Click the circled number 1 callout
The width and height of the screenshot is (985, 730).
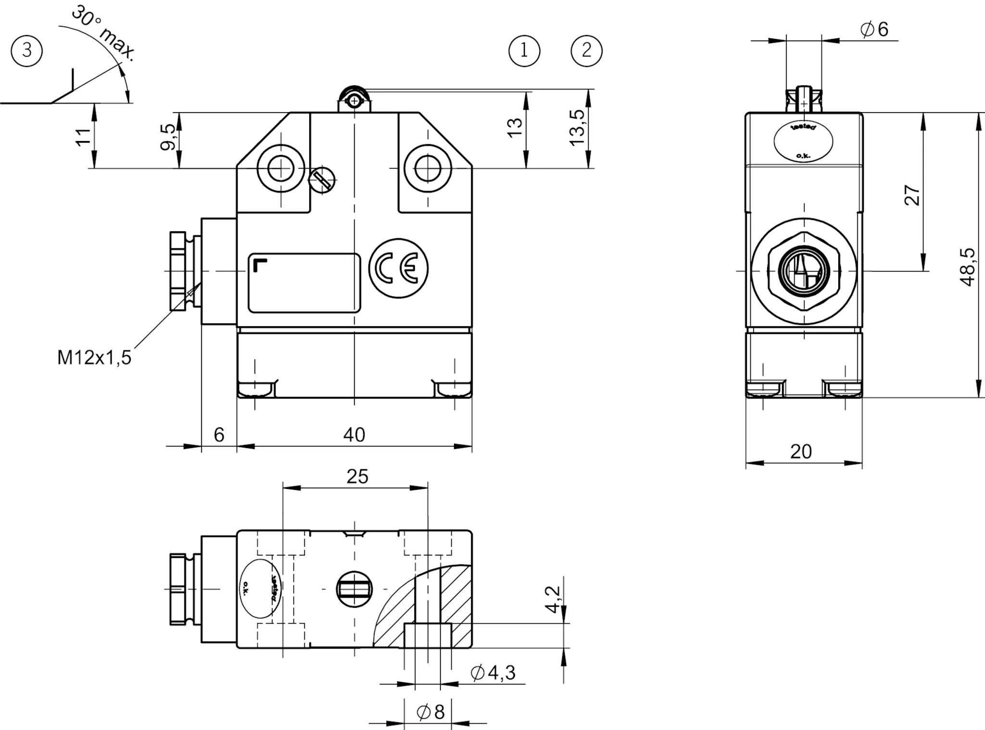click(x=524, y=51)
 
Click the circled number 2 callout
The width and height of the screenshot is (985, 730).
click(x=587, y=51)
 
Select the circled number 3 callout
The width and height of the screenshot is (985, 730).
click(x=27, y=51)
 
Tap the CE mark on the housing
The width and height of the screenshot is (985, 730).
click(x=399, y=269)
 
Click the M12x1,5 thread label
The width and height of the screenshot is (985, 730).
click(x=94, y=358)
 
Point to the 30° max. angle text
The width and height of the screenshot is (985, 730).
click(x=103, y=34)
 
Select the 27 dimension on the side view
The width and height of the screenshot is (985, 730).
click(x=912, y=195)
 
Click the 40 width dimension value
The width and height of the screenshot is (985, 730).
click(x=354, y=435)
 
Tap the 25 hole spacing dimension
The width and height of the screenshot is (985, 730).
click(x=357, y=476)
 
